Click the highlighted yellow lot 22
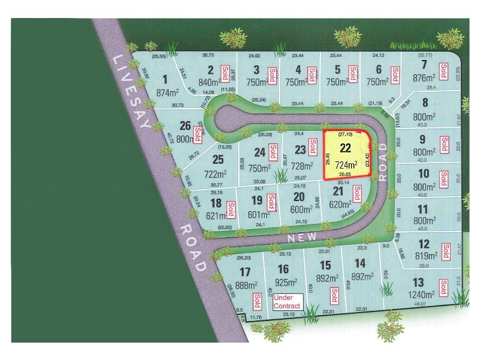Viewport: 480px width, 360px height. (346, 154)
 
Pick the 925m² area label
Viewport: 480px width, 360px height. (286, 283)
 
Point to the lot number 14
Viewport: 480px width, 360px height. (360, 263)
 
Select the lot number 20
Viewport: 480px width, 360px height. (298, 197)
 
